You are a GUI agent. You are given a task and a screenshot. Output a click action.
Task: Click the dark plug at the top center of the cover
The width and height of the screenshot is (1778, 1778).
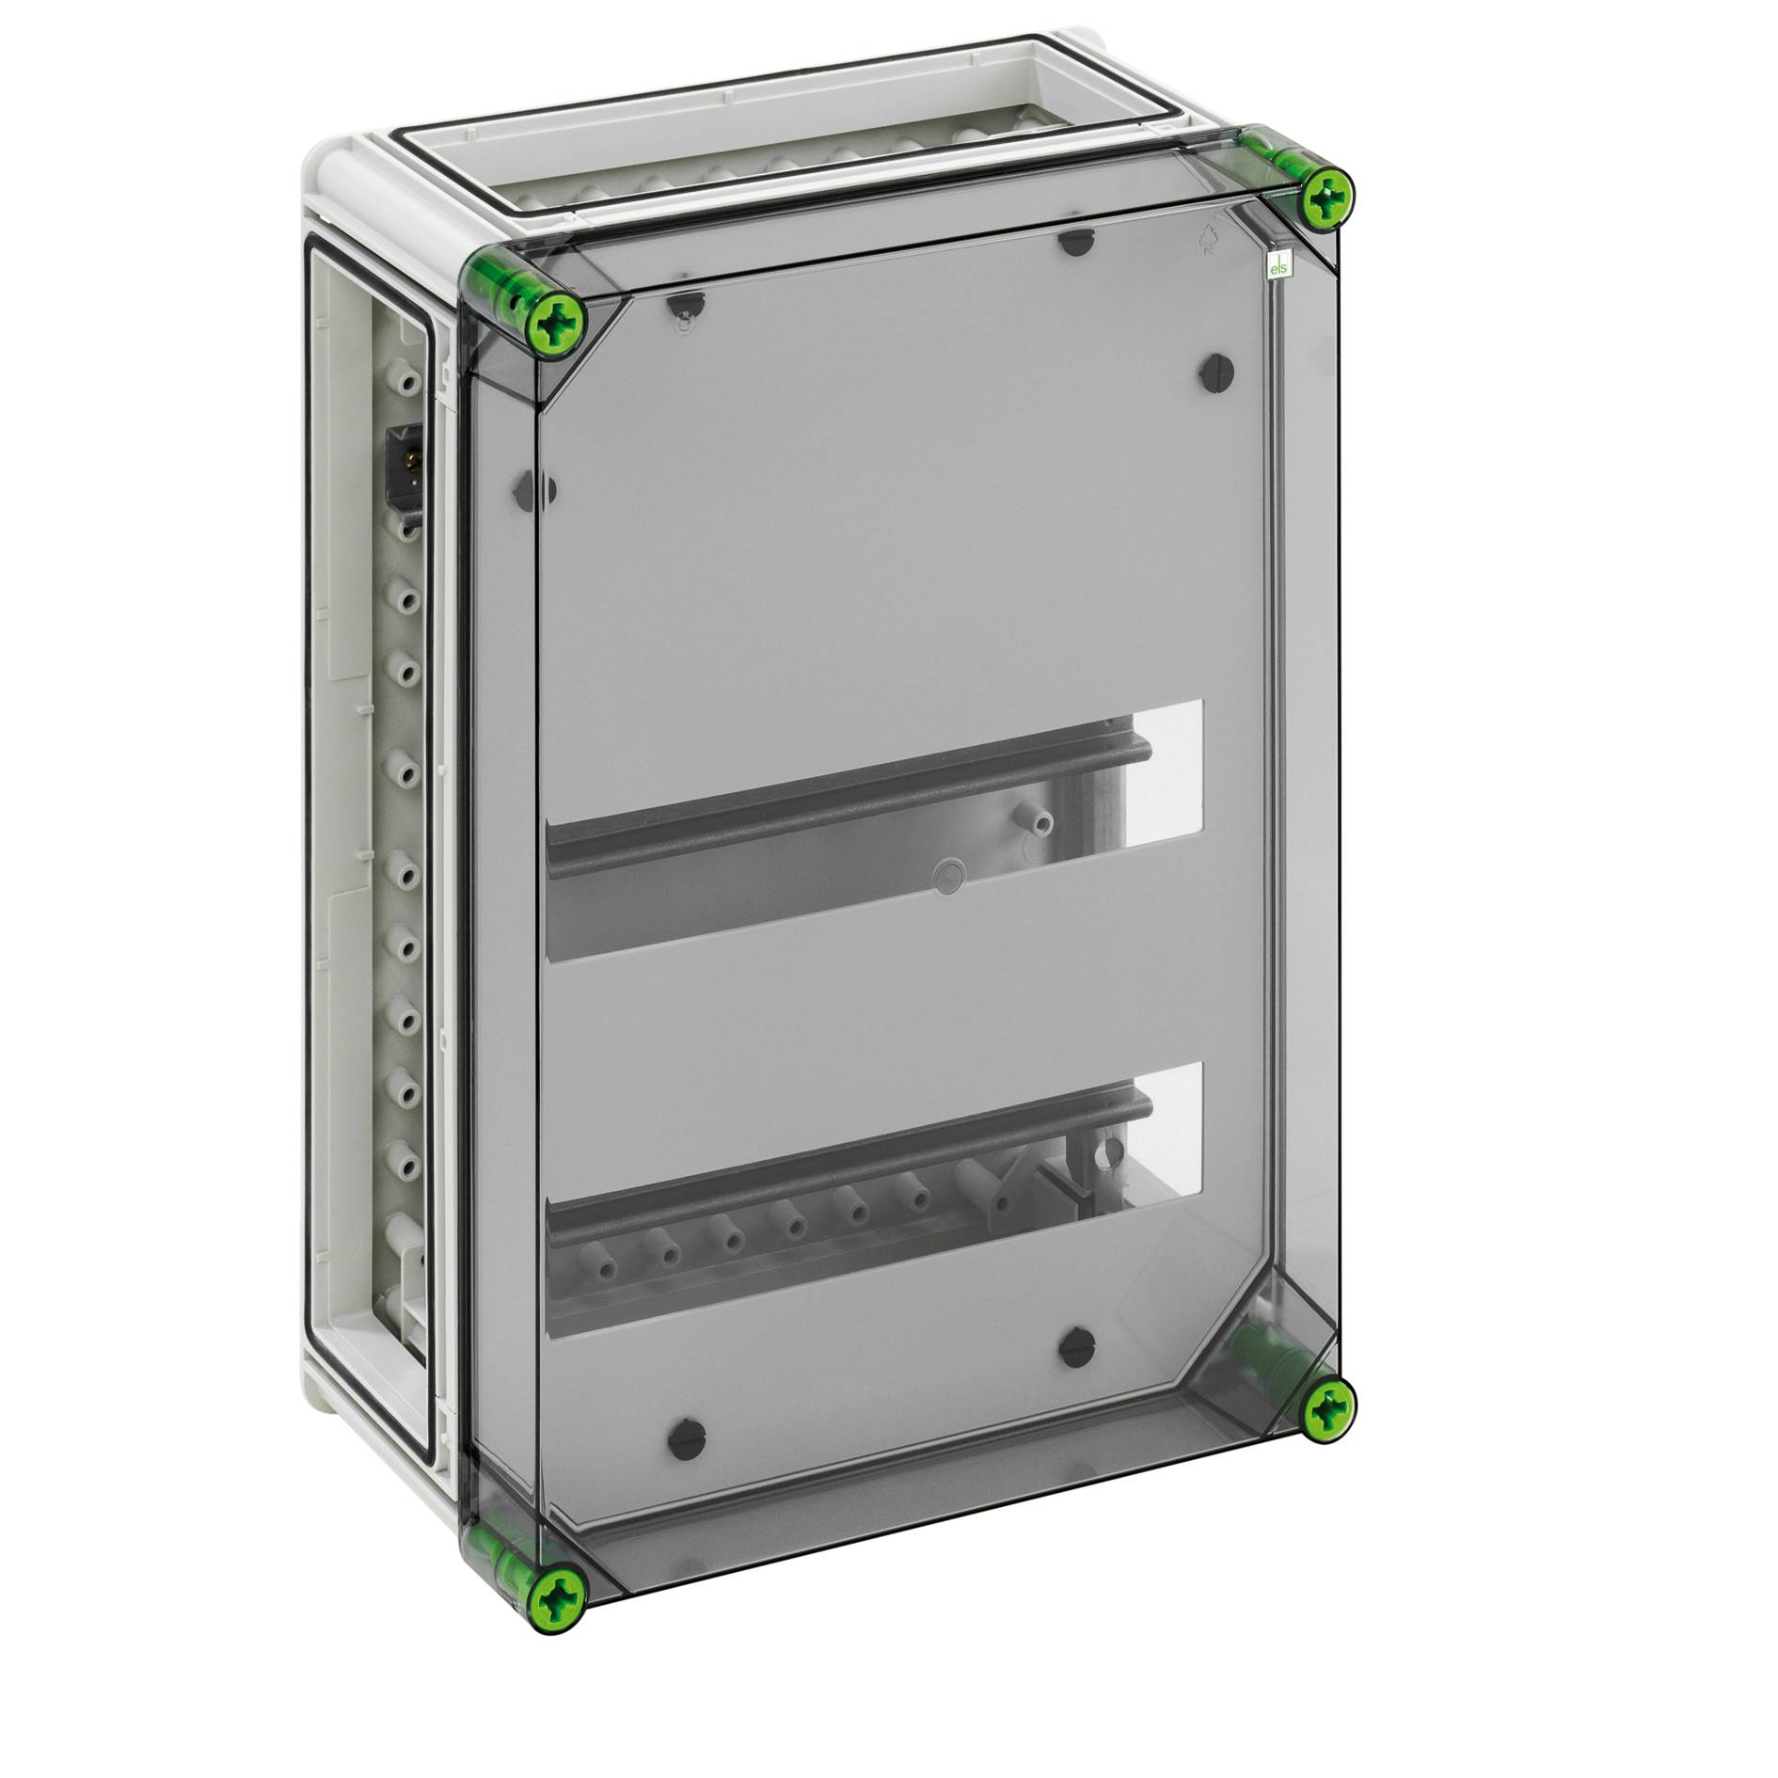1070,242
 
